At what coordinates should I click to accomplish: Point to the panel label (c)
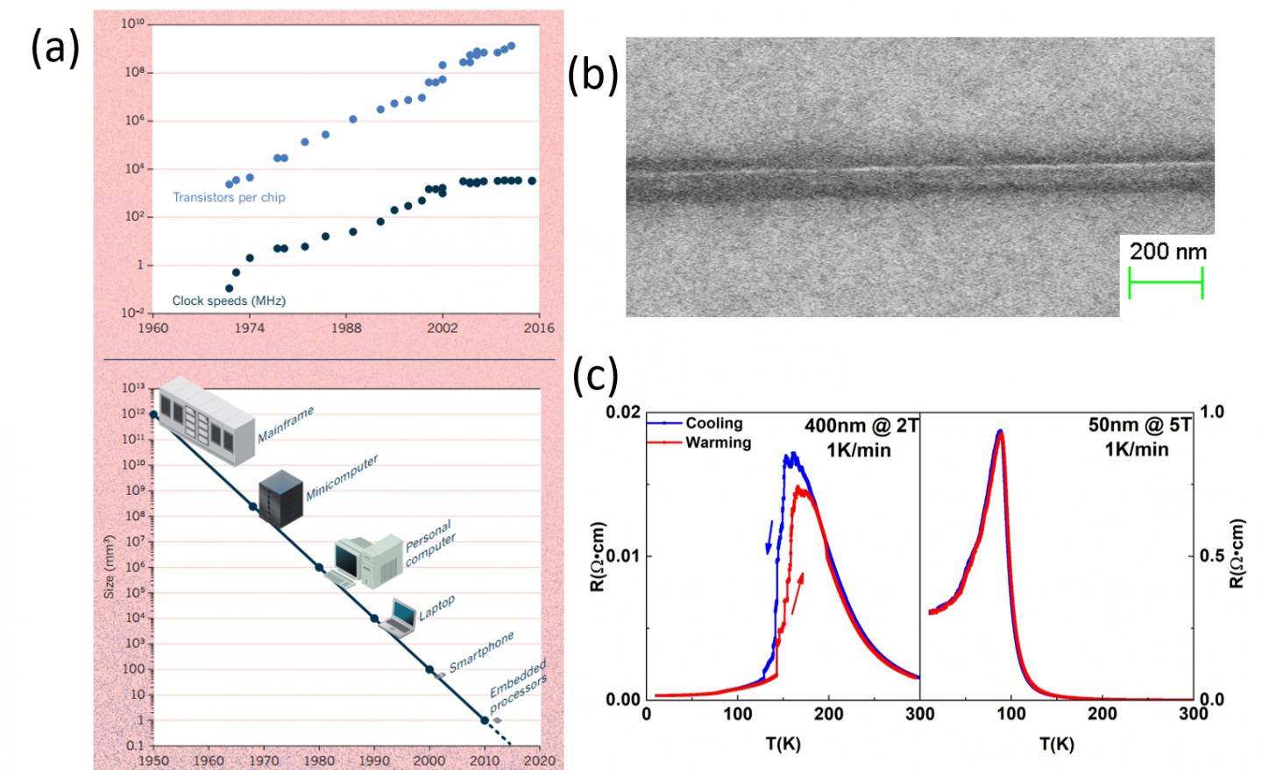pos(595,377)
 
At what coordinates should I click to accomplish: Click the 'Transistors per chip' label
pos(229,197)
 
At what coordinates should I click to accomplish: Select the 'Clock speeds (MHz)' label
pos(228,300)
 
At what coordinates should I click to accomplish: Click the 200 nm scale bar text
pos(1167,252)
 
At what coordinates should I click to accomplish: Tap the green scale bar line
pos(1166,282)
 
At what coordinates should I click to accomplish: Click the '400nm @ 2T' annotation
pos(860,427)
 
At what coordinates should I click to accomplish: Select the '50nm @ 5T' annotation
pos(1139,426)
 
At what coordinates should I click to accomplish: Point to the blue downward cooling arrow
pos(769,537)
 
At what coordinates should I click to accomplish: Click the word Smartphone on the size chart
pos(481,653)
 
